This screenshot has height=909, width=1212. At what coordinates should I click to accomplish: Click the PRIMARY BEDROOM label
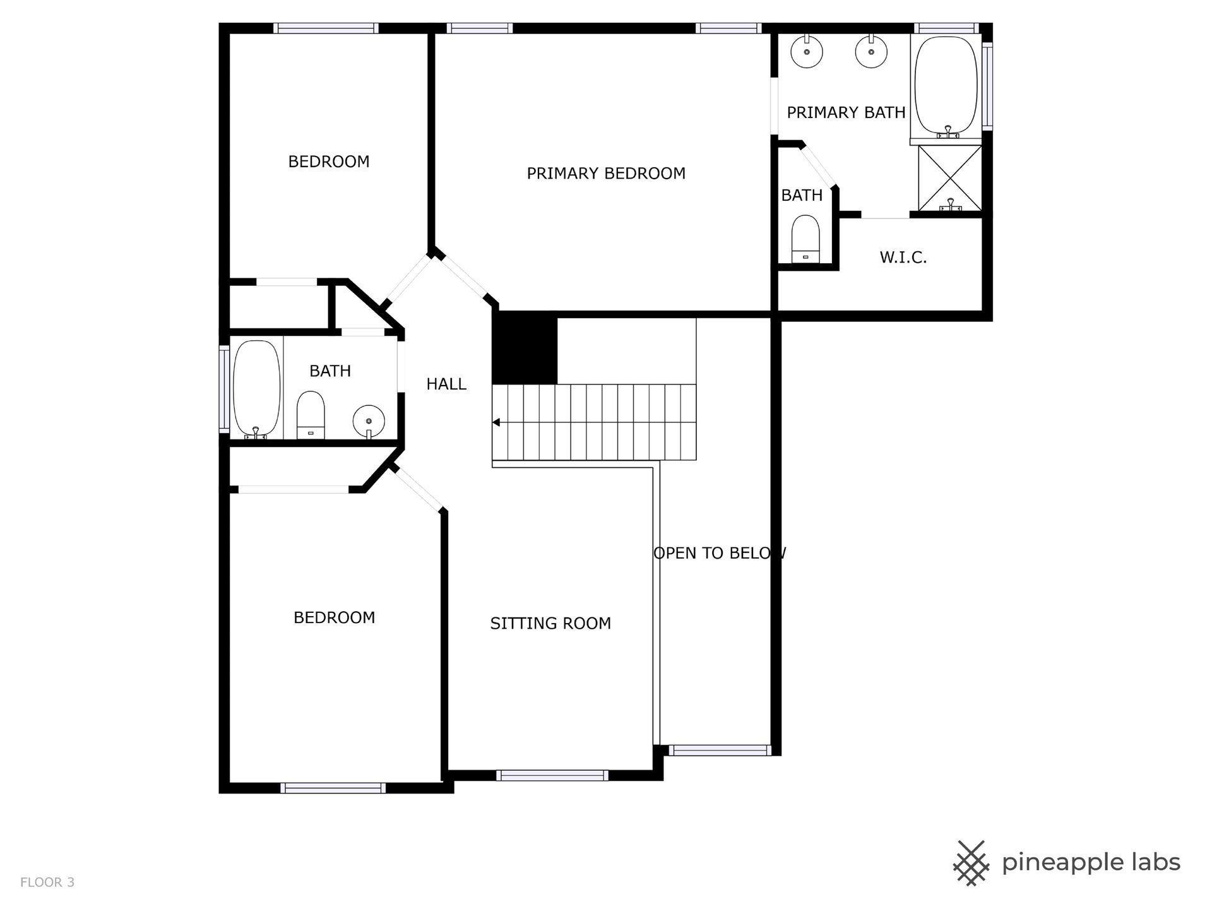[x=606, y=174]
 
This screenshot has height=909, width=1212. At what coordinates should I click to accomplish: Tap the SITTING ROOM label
[x=550, y=624]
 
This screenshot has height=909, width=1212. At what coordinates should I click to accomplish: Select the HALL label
[x=446, y=384]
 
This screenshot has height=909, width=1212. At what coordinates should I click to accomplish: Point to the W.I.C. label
[x=903, y=258]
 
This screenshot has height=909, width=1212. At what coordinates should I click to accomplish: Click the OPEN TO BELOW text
[x=720, y=554]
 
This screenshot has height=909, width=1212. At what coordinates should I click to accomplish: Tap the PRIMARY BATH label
[x=846, y=113]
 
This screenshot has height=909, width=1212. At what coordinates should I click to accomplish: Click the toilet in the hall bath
[x=311, y=415]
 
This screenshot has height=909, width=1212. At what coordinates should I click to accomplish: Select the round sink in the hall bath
[x=369, y=421]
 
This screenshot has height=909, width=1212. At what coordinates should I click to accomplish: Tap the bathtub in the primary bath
[x=946, y=87]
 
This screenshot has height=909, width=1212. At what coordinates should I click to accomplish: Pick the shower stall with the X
[x=949, y=178]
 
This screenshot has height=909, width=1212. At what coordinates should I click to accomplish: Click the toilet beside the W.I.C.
[x=805, y=239]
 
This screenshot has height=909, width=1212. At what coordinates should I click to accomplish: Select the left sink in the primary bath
[x=807, y=51]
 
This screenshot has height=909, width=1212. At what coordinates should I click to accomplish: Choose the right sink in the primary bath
[x=871, y=51]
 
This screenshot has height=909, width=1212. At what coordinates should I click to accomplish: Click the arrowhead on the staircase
[x=496, y=422]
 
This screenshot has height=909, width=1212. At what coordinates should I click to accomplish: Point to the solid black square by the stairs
[x=525, y=348]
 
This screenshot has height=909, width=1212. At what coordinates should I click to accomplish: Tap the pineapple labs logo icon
[x=971, y=863]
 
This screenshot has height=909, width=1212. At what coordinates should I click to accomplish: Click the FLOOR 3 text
[x=47, y=882]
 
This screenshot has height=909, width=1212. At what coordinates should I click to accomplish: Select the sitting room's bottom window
[x=552, y=775]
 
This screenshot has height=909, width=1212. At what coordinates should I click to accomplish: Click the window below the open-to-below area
[x=720, y=750]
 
